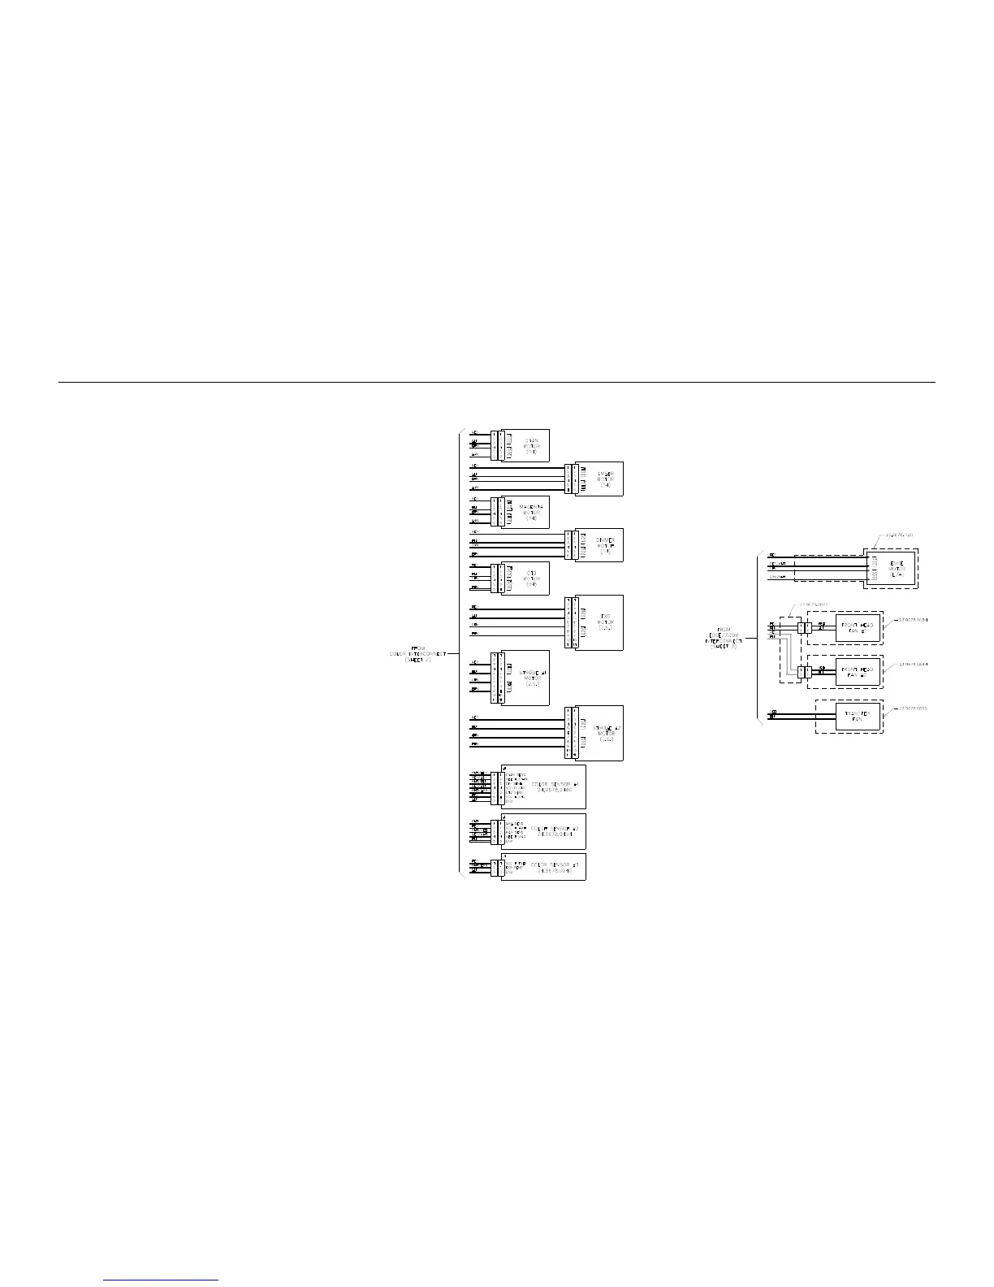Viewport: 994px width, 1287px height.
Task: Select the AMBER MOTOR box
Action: [x=604, y=479]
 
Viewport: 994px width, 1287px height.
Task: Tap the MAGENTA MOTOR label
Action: [x=531, y=512]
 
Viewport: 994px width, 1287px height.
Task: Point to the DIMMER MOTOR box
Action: [x=604, y=545]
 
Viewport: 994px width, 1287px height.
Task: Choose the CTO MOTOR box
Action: [x=531, y=578]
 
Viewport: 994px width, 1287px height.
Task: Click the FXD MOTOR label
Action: [x=605, y=622]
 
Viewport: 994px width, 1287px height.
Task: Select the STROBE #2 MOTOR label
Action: [x=605, y=733]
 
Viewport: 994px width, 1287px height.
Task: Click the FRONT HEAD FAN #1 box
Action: [x=858, y=627]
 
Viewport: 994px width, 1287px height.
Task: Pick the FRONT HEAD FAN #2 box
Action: [x=858, y=671]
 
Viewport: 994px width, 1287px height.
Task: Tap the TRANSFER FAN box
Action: [x=858, y=716]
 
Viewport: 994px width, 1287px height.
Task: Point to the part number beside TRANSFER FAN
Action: [x=913, y=708]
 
